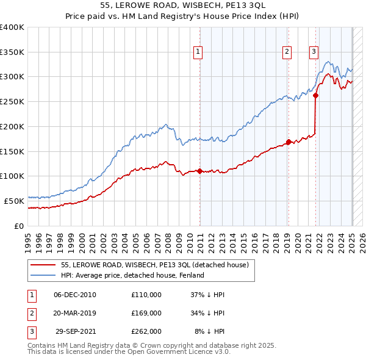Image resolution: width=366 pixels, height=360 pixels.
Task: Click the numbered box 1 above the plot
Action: [x=199, y=52]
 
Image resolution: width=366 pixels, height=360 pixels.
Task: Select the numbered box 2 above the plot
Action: [x=287, y=52]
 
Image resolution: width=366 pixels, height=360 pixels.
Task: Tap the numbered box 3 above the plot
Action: [x=314, y=52]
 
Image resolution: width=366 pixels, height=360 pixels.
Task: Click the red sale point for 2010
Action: [x=199, y=171]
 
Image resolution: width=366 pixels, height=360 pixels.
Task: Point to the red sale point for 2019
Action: [x=289, y=142]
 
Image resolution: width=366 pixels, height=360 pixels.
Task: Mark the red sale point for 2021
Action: [x=316, y=95]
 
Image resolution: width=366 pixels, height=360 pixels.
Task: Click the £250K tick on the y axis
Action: [x=12, y=102]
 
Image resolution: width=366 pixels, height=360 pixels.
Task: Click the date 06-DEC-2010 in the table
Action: [x=76, y=294]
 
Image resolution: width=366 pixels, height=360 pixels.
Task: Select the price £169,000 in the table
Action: [x=146, y=313]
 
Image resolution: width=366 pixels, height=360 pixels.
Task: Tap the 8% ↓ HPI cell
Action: [x=207, y=332]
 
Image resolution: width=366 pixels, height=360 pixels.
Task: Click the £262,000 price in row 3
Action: [x=146, y=332]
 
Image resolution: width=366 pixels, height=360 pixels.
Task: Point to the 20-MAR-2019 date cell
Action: [x=76, y=313]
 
